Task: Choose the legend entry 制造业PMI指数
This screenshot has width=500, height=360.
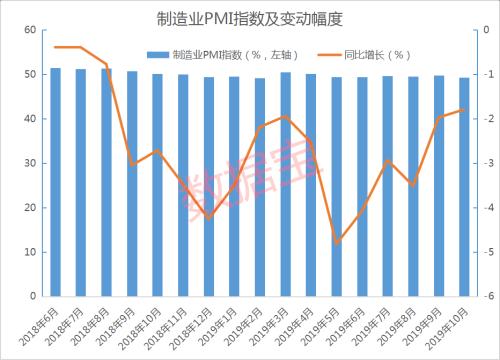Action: (x=210, y=55)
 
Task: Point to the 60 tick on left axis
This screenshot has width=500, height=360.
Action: (x=30, y=31)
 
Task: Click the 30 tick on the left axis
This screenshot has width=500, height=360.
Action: (x=30, y=164)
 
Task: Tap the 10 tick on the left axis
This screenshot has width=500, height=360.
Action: (x=30, y=252)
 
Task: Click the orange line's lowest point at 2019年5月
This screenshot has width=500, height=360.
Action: (x=337, y=243)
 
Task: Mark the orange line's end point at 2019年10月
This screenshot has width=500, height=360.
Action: (x=463, y=110)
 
